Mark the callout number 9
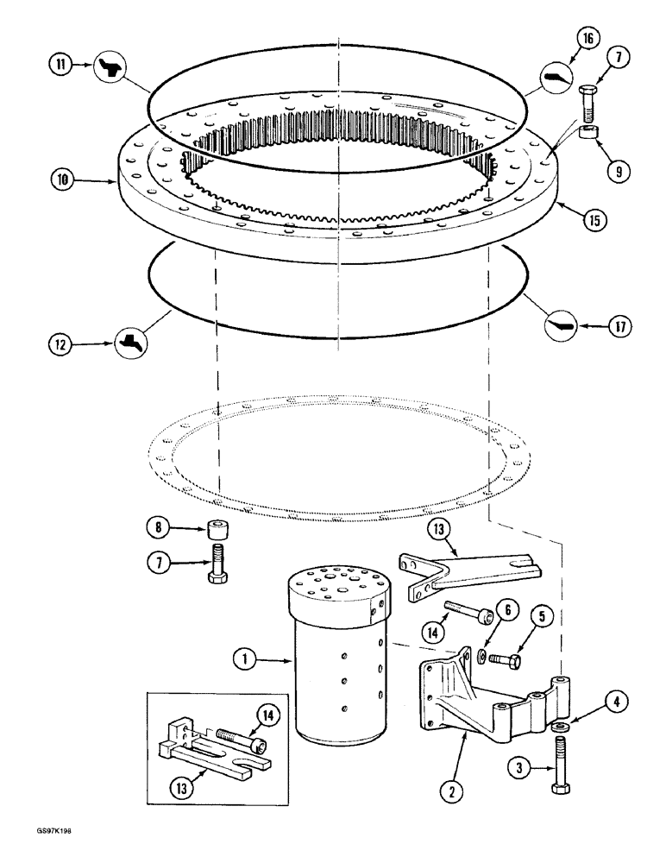[x=616, y=171]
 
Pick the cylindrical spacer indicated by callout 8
[x=217, y=528]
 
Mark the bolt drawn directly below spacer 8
[x=217, y=564]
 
